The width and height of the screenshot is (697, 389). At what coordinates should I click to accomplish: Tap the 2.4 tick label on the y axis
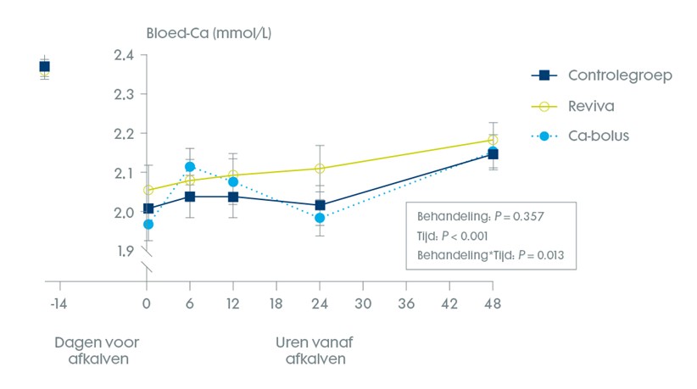(x=124, y=55)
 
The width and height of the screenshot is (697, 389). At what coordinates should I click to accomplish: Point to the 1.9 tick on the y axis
(x=124, y=251)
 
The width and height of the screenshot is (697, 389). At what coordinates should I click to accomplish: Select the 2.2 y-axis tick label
(x=124, y=134)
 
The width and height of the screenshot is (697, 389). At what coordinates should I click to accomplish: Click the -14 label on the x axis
(x=58, y=303)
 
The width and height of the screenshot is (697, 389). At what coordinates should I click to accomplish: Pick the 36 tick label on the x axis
(x=406, y=303)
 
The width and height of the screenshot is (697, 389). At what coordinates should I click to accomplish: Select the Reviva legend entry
(x=592, y=106)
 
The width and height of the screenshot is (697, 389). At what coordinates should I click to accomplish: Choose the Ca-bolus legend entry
(x=599, y=136)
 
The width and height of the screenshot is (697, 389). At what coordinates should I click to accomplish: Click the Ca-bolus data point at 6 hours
(x=190, y=167)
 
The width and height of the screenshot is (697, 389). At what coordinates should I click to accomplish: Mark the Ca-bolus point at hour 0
(x=148, y=224)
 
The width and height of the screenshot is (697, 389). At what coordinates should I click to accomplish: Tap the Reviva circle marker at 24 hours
(x=320, y=169)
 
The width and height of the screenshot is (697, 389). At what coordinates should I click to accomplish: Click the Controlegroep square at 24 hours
(x=320, y=205)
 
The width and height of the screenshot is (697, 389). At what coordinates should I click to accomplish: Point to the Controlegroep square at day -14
(x=45, y=66)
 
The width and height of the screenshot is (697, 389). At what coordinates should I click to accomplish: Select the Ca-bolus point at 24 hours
(x=320, y=218)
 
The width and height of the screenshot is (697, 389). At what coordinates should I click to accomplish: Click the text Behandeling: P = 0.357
(x=480, y=216)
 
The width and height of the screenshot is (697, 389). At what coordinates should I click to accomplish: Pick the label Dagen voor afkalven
(x=96, y=350)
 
